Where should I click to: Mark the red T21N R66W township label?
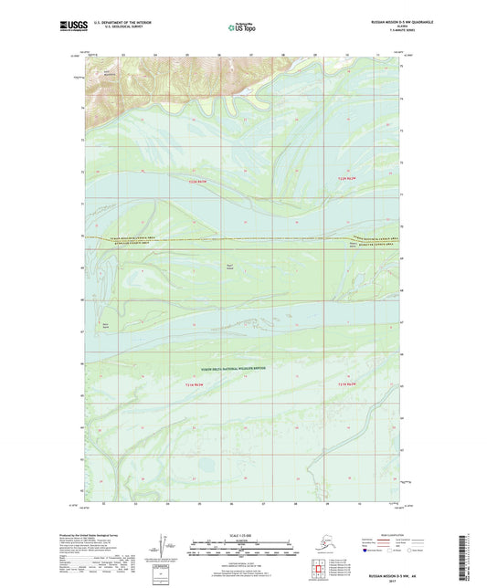coord(339,384)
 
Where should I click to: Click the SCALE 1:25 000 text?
coord(242,533)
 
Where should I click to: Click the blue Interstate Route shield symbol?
coord(366,551)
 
